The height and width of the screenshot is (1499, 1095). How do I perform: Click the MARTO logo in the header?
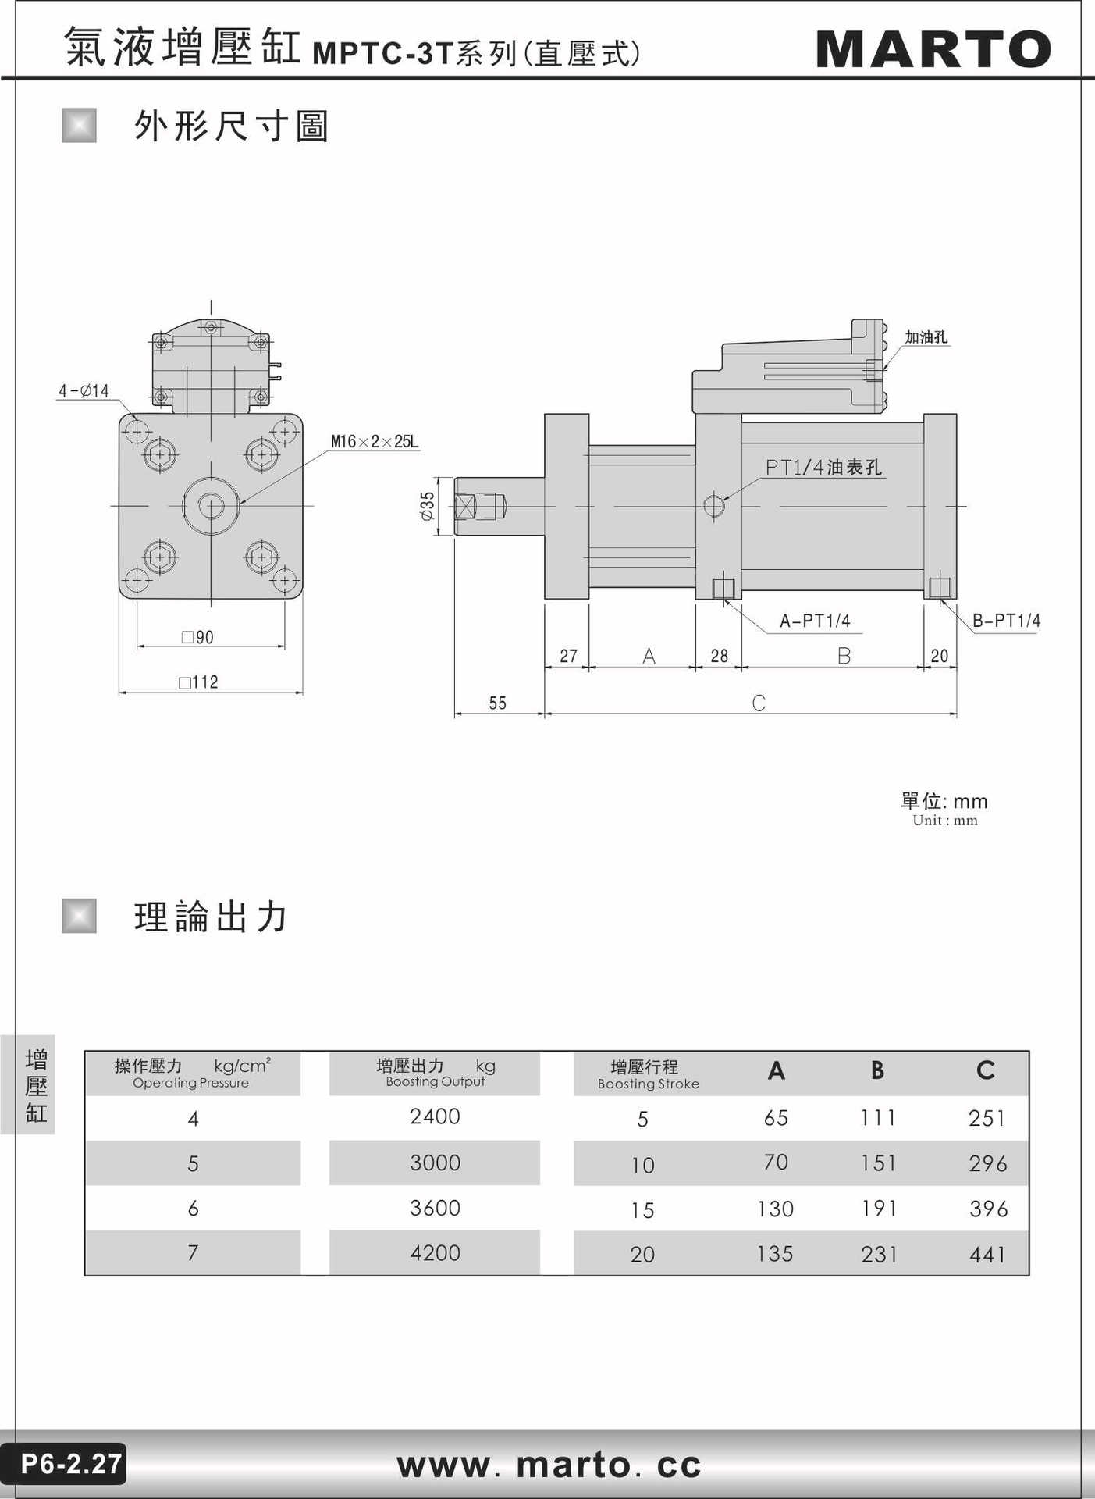[933, 49]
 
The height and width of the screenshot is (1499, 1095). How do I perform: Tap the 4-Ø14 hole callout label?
[84, 390]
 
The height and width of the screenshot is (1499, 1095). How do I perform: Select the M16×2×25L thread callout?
[375, 441]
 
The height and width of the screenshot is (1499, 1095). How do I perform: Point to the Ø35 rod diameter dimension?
[427, 506]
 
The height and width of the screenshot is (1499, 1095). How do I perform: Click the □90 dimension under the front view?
[197, 637]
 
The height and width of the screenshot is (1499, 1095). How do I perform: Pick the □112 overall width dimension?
[198, 682]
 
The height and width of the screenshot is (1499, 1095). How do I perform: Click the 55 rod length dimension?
[498, 703]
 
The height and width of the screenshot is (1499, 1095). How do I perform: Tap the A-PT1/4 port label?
[815, 621]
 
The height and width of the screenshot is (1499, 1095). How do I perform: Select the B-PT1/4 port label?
[1007, 621]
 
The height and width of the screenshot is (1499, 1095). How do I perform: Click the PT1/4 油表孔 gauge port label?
[823, 467]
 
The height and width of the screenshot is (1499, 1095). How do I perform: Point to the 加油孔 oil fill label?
[926, 336]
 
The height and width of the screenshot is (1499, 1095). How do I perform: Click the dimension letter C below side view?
[759, 703]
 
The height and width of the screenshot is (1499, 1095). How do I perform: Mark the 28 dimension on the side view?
[719, 656]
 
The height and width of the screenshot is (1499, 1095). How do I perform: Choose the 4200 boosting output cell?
[435, 1252]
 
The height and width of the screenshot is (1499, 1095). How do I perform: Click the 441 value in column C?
[988, 1254]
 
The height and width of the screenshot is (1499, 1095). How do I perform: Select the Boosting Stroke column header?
[648, 1074]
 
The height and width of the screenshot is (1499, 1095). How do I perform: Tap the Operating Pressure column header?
[192, 1074]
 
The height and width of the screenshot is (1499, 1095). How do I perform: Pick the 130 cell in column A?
[775, 1209]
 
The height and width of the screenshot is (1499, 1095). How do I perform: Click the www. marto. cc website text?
[549, 1465]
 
